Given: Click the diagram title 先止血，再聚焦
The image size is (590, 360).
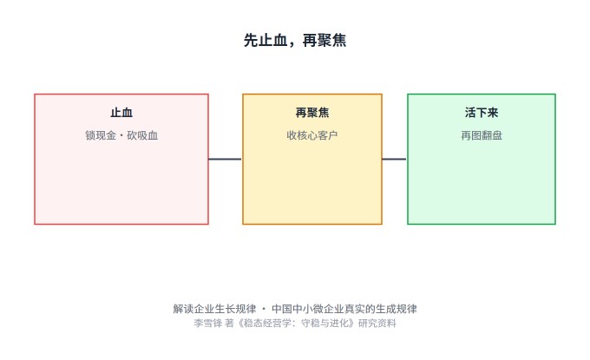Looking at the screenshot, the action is coord(295,40).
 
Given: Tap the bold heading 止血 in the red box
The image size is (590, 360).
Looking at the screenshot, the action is coord(121,113).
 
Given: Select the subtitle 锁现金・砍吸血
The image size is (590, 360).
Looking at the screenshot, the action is coord(121,135).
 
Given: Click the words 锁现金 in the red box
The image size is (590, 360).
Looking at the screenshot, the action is coord(101,135).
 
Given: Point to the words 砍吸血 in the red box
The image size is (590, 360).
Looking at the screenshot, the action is coord(142,135).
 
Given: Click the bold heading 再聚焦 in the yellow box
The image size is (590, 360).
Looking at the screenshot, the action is coord(312,113).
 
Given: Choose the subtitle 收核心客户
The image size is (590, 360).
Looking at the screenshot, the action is coord(312,135).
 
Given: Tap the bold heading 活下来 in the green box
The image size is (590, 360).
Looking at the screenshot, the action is coord(482,113).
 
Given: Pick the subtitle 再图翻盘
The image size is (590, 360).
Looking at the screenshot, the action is coord(482,135).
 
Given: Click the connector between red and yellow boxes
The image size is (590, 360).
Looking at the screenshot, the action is coord(225,159).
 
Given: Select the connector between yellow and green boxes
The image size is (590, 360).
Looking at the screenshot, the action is coord(394,159).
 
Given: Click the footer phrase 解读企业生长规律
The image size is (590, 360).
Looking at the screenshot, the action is coord(214,309).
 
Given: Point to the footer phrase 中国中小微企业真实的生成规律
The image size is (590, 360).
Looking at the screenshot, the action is coord(344,309).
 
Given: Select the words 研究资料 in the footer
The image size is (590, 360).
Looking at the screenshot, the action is coord(377,324).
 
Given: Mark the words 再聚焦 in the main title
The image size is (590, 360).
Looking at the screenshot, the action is coord(324,40).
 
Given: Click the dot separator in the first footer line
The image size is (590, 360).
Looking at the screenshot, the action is coord(264,309).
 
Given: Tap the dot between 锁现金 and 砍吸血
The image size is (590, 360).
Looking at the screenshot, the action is coord(121,136).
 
